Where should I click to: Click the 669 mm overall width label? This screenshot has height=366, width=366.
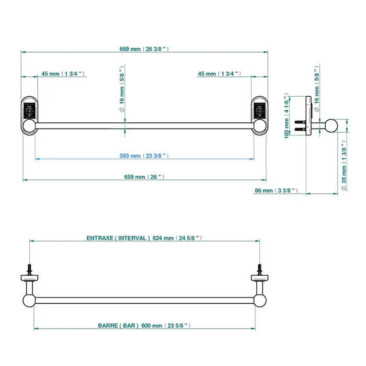[x=144, y=49]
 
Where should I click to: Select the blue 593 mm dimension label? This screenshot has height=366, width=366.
[x=144, y=156]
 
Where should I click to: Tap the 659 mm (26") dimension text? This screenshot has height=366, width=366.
[x=144, y=177]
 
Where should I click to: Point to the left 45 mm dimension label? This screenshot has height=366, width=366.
[x=63, y=74]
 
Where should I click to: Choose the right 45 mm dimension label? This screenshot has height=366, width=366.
[x=220, y=74]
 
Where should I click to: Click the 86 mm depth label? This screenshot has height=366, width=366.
[x=276, y=190]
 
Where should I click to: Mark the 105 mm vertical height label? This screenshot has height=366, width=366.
[x=287, y=116]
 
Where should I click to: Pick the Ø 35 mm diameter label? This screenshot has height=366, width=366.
[x=344, y=166]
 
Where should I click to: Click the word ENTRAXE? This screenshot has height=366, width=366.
[x=100, y=238]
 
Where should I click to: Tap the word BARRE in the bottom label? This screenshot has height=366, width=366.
[x=108, y=326]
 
